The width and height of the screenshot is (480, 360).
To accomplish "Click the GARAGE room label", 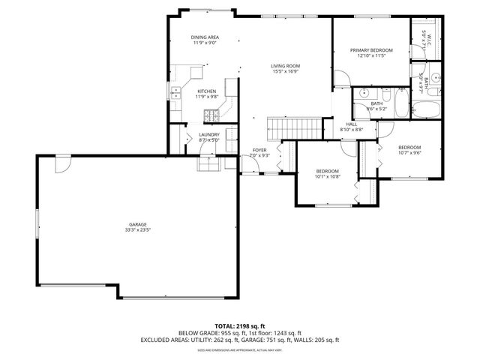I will [x=136, y=224].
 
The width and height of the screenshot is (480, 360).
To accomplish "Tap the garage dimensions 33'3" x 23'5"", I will [x=136, y=230].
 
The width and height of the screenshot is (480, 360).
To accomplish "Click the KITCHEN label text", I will [x=206, y=91].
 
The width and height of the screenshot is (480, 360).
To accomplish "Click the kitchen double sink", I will [x=174, y=93].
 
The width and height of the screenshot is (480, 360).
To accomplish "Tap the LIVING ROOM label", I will [x=285, y=66].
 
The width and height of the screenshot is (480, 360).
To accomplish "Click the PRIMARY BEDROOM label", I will [x=371, y=50].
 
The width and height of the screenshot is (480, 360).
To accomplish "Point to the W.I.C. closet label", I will [x=424, y=34].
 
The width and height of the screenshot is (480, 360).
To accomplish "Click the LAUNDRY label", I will [x=208, y=134].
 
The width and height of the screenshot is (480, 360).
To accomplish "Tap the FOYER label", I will [x=259, y=150].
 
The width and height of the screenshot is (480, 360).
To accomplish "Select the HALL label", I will [x=351, y=124].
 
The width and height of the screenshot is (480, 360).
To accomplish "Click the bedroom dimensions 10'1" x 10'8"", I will [x=328, y=177].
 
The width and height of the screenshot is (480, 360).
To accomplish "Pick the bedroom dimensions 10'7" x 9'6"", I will [x=409, y=152].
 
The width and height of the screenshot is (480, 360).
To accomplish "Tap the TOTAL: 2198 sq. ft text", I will [x=239, y=326].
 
